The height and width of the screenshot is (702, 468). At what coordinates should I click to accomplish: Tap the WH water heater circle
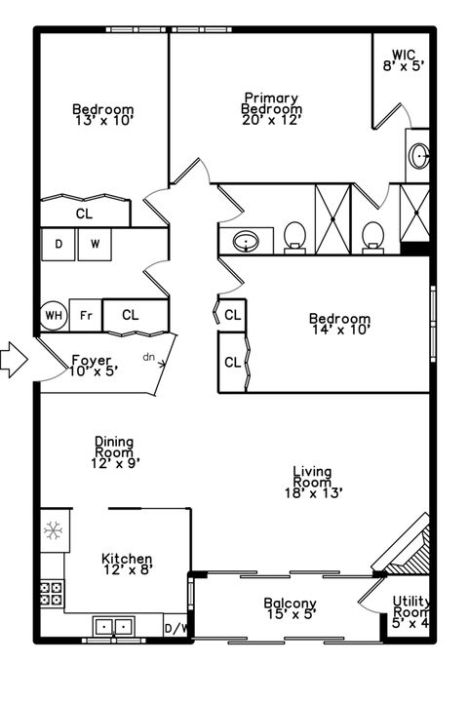[x=53, y=316]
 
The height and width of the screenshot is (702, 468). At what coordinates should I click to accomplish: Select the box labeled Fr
[x=85, y=316]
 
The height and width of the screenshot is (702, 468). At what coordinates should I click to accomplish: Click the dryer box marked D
[x=58, y=244]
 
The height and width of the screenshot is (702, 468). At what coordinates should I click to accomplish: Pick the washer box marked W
[x=96, y=244]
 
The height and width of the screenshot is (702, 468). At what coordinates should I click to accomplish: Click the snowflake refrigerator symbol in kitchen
[x=53, y=531]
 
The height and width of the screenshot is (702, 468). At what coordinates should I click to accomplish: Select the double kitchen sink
[x=115, y=626]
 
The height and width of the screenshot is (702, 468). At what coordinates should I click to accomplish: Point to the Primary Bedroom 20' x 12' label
[x=272, y=103]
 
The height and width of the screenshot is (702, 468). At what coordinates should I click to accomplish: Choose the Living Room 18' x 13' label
[x=312, y=482]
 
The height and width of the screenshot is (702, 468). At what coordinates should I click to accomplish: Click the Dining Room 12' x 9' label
[x=114, y=452]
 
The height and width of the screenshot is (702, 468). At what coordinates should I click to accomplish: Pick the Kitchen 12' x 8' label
[x=127, y=565]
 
